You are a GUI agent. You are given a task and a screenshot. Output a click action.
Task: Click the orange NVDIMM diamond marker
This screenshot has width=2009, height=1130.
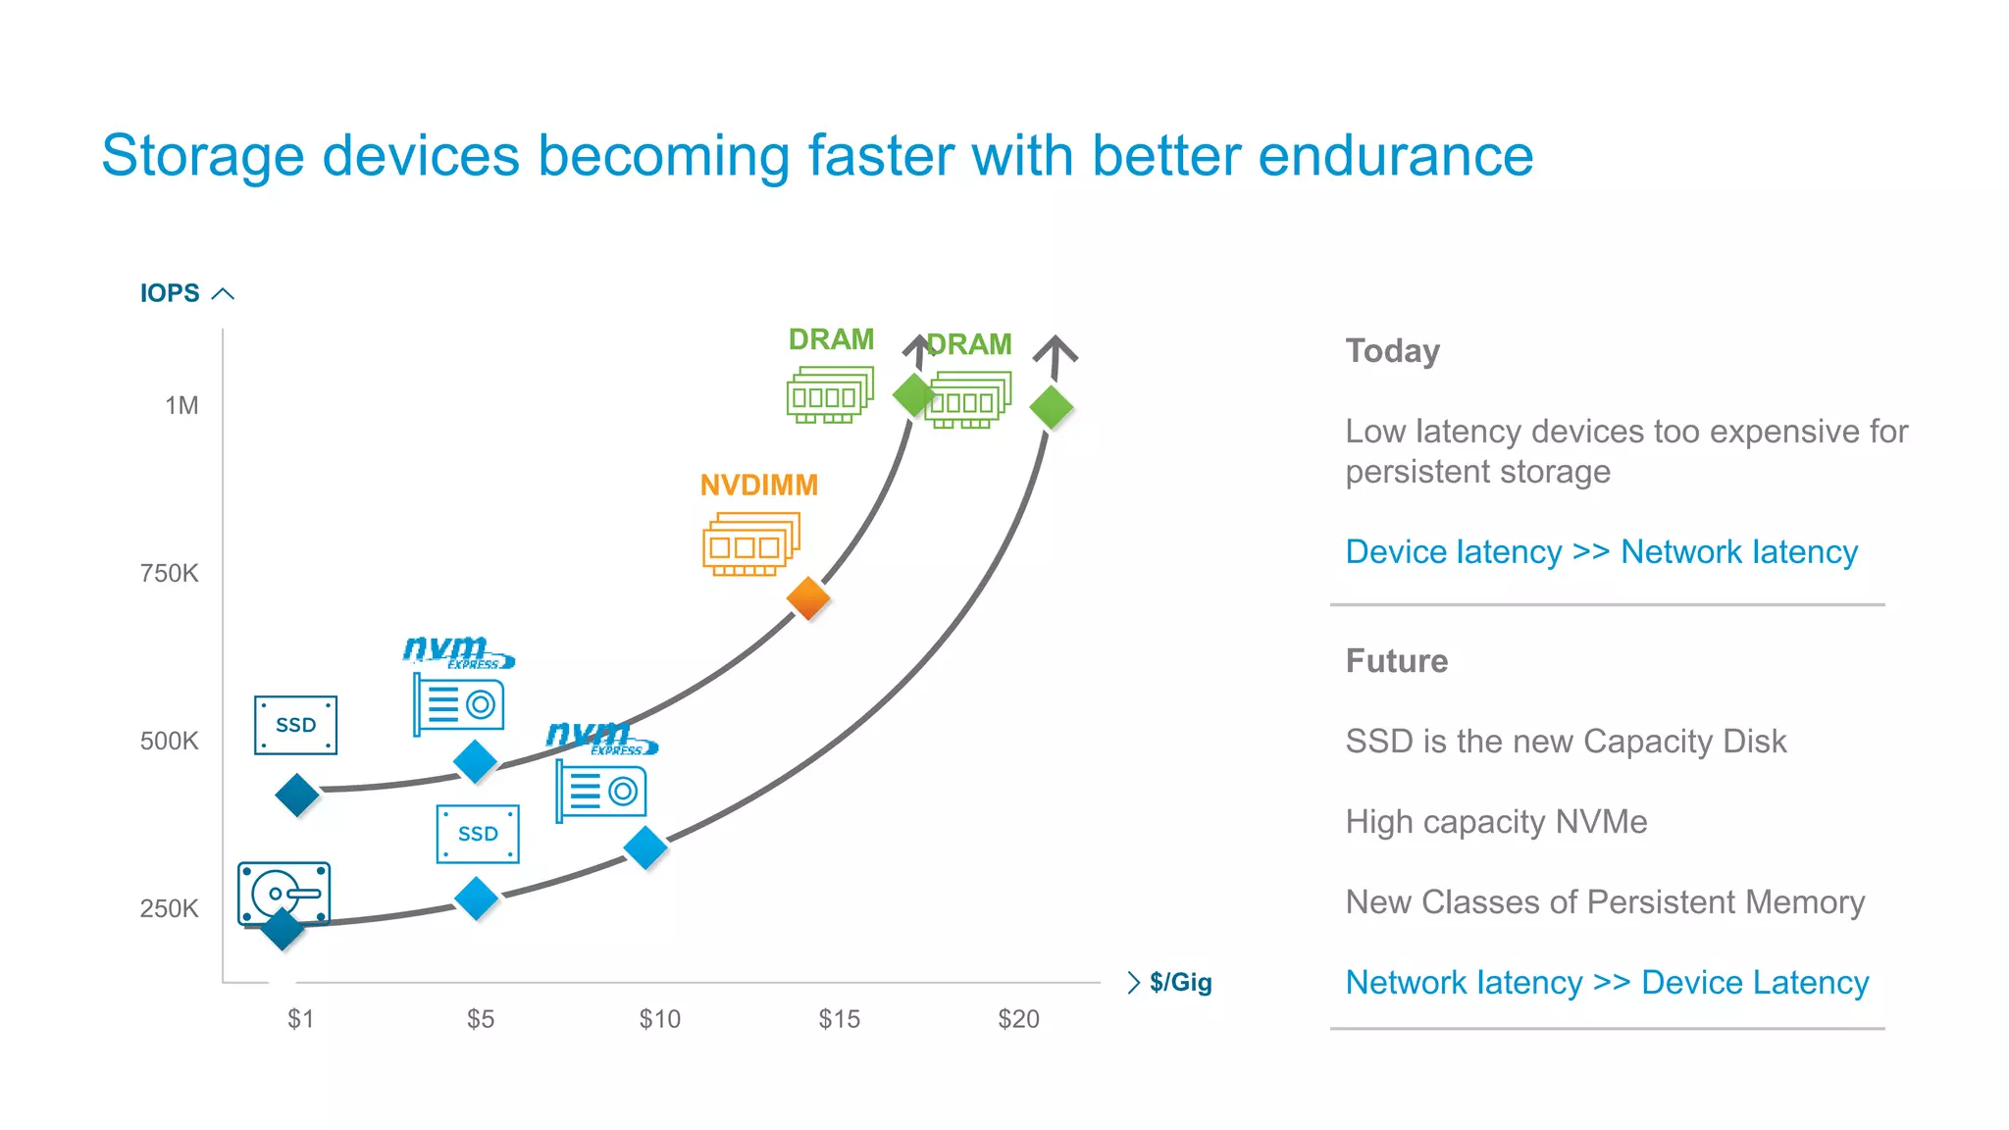808,598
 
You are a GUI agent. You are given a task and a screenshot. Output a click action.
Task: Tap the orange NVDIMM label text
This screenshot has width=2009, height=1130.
758,485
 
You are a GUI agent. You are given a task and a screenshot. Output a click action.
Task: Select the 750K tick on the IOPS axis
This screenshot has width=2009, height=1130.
169,573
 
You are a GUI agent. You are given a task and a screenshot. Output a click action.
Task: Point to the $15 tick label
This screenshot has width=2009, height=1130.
839,1019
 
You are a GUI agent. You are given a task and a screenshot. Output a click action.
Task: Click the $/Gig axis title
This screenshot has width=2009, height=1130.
1180,982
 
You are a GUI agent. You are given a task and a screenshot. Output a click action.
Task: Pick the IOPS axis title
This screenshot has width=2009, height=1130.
170,293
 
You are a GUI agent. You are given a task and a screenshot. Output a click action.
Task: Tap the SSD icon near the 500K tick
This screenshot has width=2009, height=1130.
295,725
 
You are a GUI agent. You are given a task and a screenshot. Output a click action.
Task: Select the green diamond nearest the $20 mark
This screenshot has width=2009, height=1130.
1052,407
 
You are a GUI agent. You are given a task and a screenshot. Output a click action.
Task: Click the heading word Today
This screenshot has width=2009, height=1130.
1392,351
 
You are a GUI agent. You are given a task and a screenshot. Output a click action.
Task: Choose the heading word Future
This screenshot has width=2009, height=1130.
1396,661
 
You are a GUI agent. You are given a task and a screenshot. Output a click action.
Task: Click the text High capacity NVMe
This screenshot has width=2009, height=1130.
1495,822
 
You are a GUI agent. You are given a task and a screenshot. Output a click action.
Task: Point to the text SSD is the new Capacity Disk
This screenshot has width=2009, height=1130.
1565,742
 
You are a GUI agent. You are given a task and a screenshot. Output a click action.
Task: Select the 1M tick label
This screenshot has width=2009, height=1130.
181,405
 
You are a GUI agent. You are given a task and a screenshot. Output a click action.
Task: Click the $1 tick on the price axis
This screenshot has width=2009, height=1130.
300,1019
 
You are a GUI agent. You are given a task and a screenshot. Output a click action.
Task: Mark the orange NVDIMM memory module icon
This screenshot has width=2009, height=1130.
750,543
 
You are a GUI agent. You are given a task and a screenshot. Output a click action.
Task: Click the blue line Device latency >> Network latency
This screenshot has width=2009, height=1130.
1601,552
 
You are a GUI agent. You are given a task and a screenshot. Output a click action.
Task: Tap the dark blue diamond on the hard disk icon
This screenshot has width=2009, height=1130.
283,929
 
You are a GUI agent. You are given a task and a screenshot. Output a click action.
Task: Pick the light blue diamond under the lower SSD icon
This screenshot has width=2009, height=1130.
477,899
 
